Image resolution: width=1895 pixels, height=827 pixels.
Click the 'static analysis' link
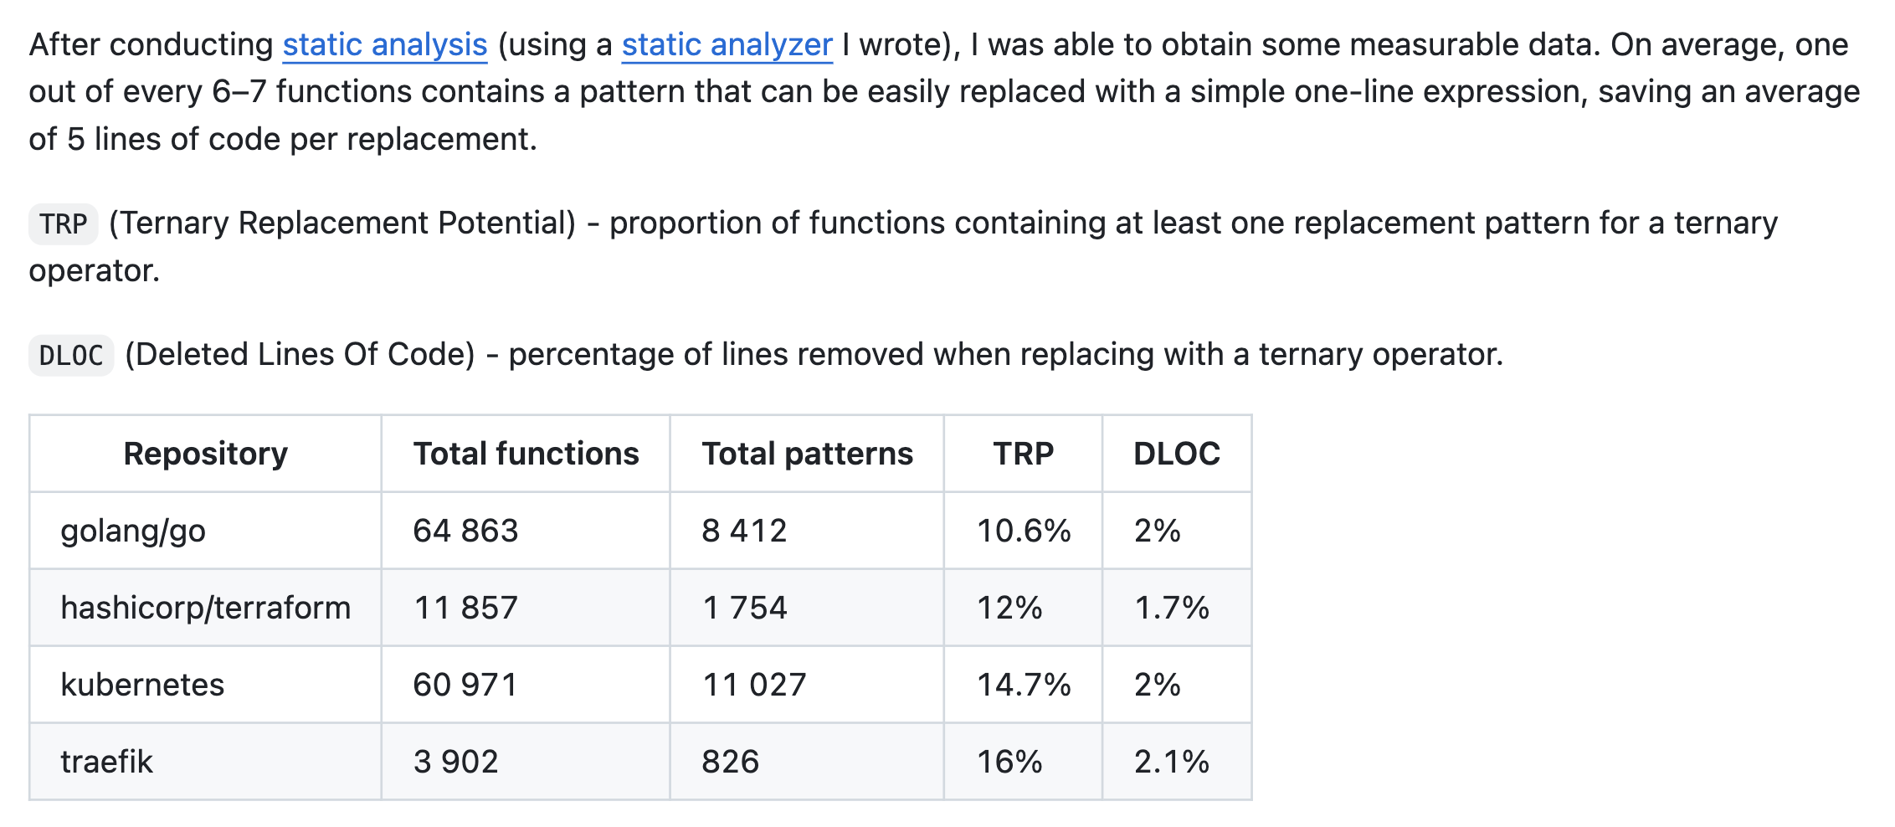pos(385,45)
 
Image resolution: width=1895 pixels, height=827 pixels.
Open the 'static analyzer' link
pos(727,45)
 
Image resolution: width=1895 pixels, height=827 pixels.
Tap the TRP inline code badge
pos(64,224)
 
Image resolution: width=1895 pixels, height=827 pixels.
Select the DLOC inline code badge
pos(71,356)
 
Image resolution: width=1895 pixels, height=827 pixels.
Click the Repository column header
pos(206,454)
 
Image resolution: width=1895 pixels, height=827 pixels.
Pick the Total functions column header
pos(526,454)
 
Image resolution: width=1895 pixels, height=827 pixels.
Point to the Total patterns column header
pos(808,454)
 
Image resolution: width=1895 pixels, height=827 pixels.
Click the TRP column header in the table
pos(1024,454)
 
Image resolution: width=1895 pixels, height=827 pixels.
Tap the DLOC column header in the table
pos(1177,454)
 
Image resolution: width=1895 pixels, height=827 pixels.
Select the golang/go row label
pos(133,531)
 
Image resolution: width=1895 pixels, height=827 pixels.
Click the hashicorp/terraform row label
pos(206,608)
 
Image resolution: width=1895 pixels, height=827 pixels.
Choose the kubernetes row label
pos(142,685)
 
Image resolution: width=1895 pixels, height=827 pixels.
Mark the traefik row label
pos(107,762)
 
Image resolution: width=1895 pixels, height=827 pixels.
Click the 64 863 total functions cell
pos(466,531)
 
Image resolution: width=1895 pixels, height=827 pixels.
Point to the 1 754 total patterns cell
pos(745,608)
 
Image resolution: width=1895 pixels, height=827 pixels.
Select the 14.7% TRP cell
pos(1025,685)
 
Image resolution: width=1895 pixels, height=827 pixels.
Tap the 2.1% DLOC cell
pos(1172,762)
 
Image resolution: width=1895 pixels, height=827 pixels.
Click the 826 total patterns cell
pos(731,762)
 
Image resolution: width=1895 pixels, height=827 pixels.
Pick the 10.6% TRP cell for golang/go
pos(1025,531)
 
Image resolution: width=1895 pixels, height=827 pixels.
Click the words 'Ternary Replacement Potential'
pos(342,223)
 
